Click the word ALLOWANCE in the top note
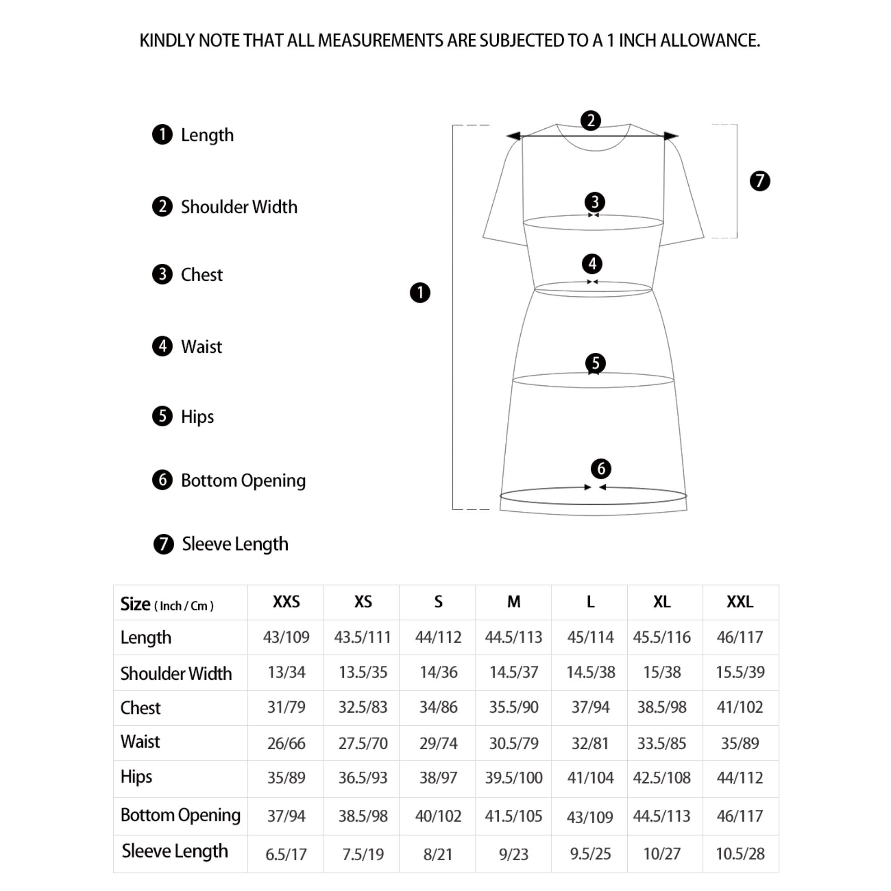(x=710, y=41)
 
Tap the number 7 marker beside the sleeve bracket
(x=760, y=181)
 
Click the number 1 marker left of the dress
(x=420, y=292)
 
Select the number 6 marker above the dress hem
(x=601, y=469)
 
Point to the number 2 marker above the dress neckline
(x=590, y=121)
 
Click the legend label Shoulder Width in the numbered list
(x=238, y=207)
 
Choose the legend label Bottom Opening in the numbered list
(x=243, y=481)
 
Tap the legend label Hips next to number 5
(x=197, y=417)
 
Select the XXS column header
(x=286, y=602)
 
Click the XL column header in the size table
(x=662, y=602)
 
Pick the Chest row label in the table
(x=140, y=708)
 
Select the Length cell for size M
(x=513, y=638)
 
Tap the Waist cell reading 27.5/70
(x=363, y=744)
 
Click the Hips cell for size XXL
(x=740, y=778)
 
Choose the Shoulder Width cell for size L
(x=590, y=672)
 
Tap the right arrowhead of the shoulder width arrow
(x=671, y=136)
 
